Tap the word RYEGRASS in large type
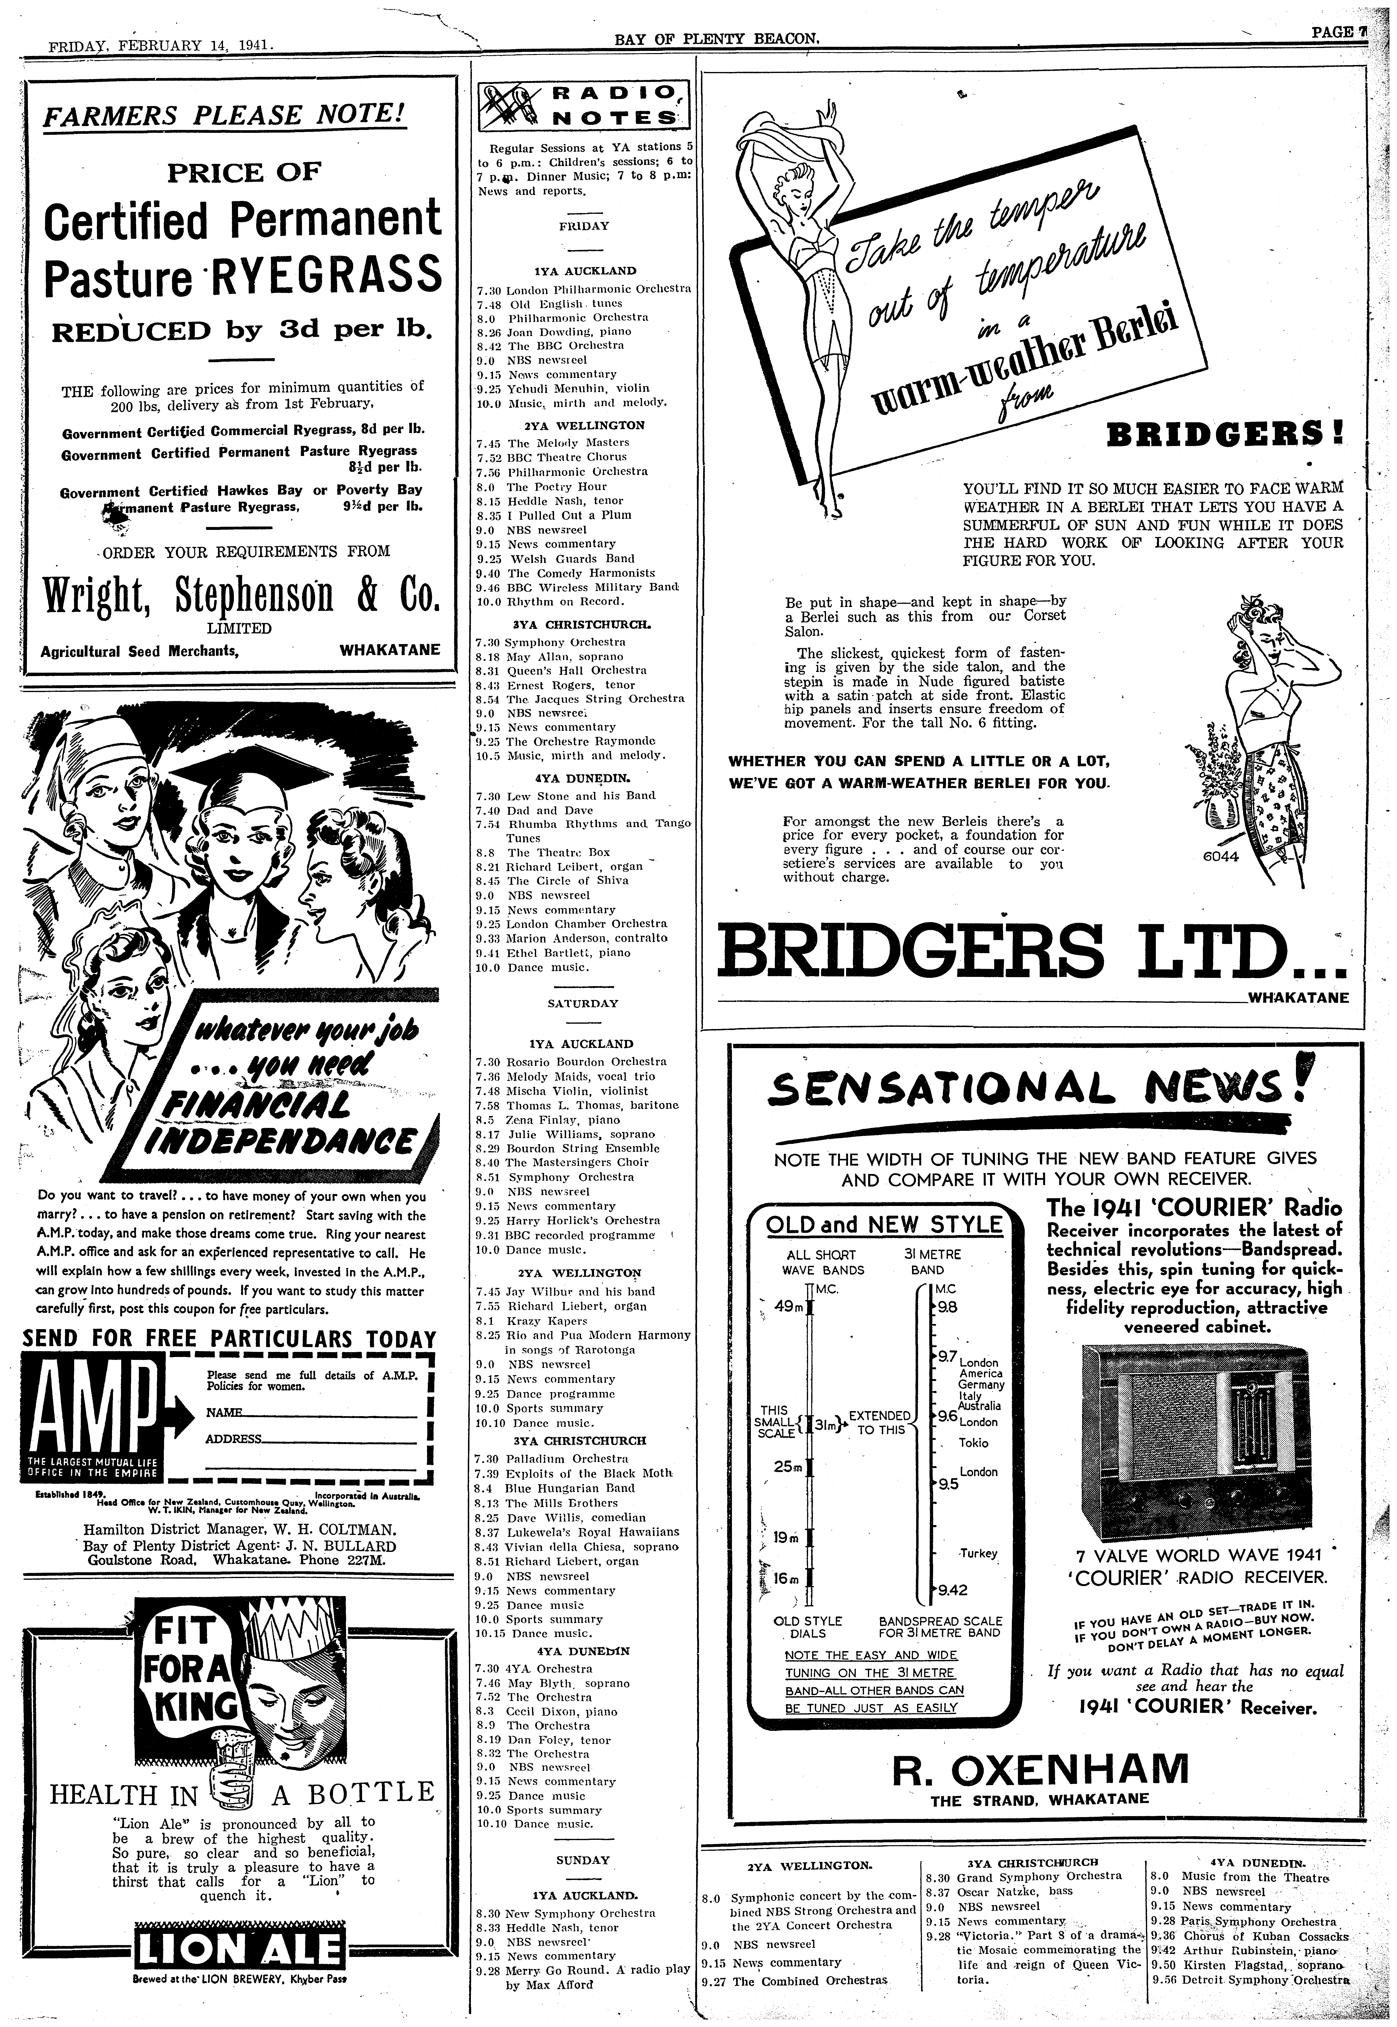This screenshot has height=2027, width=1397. point(325,275)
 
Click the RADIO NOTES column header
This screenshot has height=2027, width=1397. point(582,105)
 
